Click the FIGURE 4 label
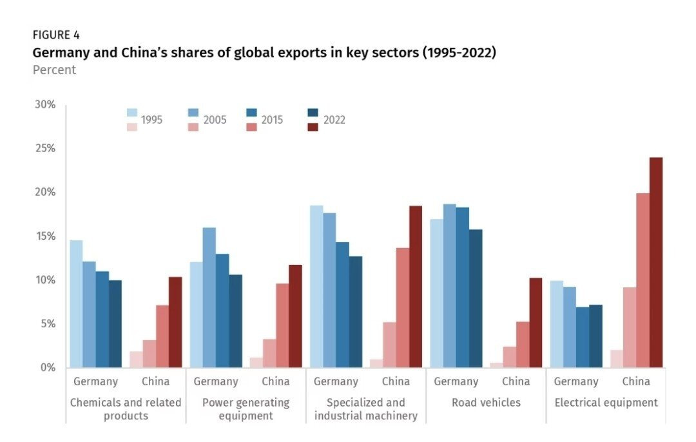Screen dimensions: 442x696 (56, 35)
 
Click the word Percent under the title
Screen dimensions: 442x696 (54, 70)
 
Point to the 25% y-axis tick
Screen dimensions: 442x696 (45, 148)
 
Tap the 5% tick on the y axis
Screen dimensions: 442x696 (48, 323)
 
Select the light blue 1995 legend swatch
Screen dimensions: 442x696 (131, 113)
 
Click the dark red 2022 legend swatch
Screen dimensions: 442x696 (313, 127)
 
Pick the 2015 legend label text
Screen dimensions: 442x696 (272, 120)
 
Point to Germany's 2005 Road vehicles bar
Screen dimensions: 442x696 (450, 286)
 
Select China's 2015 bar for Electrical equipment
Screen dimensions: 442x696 (643, 280)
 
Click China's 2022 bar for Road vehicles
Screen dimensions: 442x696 (536, 323)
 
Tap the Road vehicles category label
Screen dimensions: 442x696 (486, 403)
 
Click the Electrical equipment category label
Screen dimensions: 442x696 (606, 403)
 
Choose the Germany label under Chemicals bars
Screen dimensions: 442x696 (95, 381)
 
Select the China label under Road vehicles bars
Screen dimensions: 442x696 (516, 381)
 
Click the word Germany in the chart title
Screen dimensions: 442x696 (62, 53)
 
